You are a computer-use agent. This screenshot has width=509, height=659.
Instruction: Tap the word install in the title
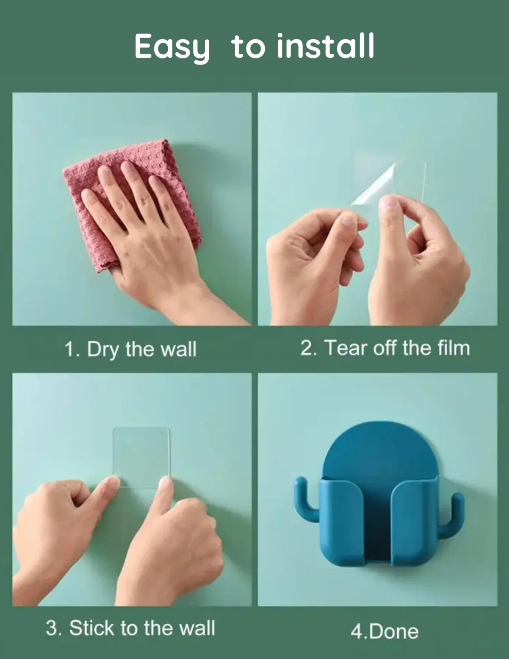click(x=326, y=46)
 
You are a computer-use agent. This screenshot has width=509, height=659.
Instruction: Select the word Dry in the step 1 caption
click(x=103, y=350)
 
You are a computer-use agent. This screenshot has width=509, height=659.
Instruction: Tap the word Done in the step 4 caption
click(x=394, y=632)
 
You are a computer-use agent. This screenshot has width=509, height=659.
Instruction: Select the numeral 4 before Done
click(x=357, y=632)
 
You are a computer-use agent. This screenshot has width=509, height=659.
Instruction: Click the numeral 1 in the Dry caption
click(x=69, y=349)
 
